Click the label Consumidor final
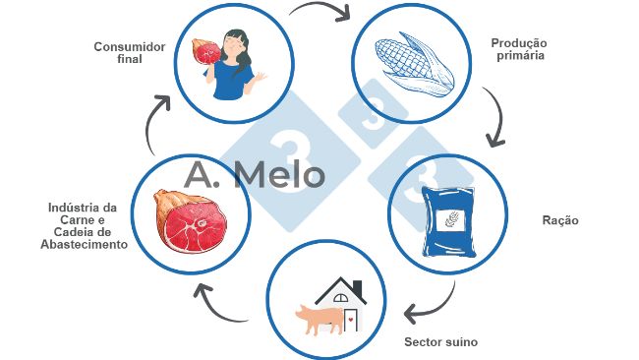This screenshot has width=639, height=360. click(129, 52)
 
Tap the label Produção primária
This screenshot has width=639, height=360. click(518, 50)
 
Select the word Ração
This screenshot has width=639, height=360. click(560, 220)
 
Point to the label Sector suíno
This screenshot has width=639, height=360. click(440, 342)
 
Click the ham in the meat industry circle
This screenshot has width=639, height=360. click(186, 220)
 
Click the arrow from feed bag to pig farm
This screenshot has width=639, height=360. click(433, 306)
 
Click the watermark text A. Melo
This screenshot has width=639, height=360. click(254, 176)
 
